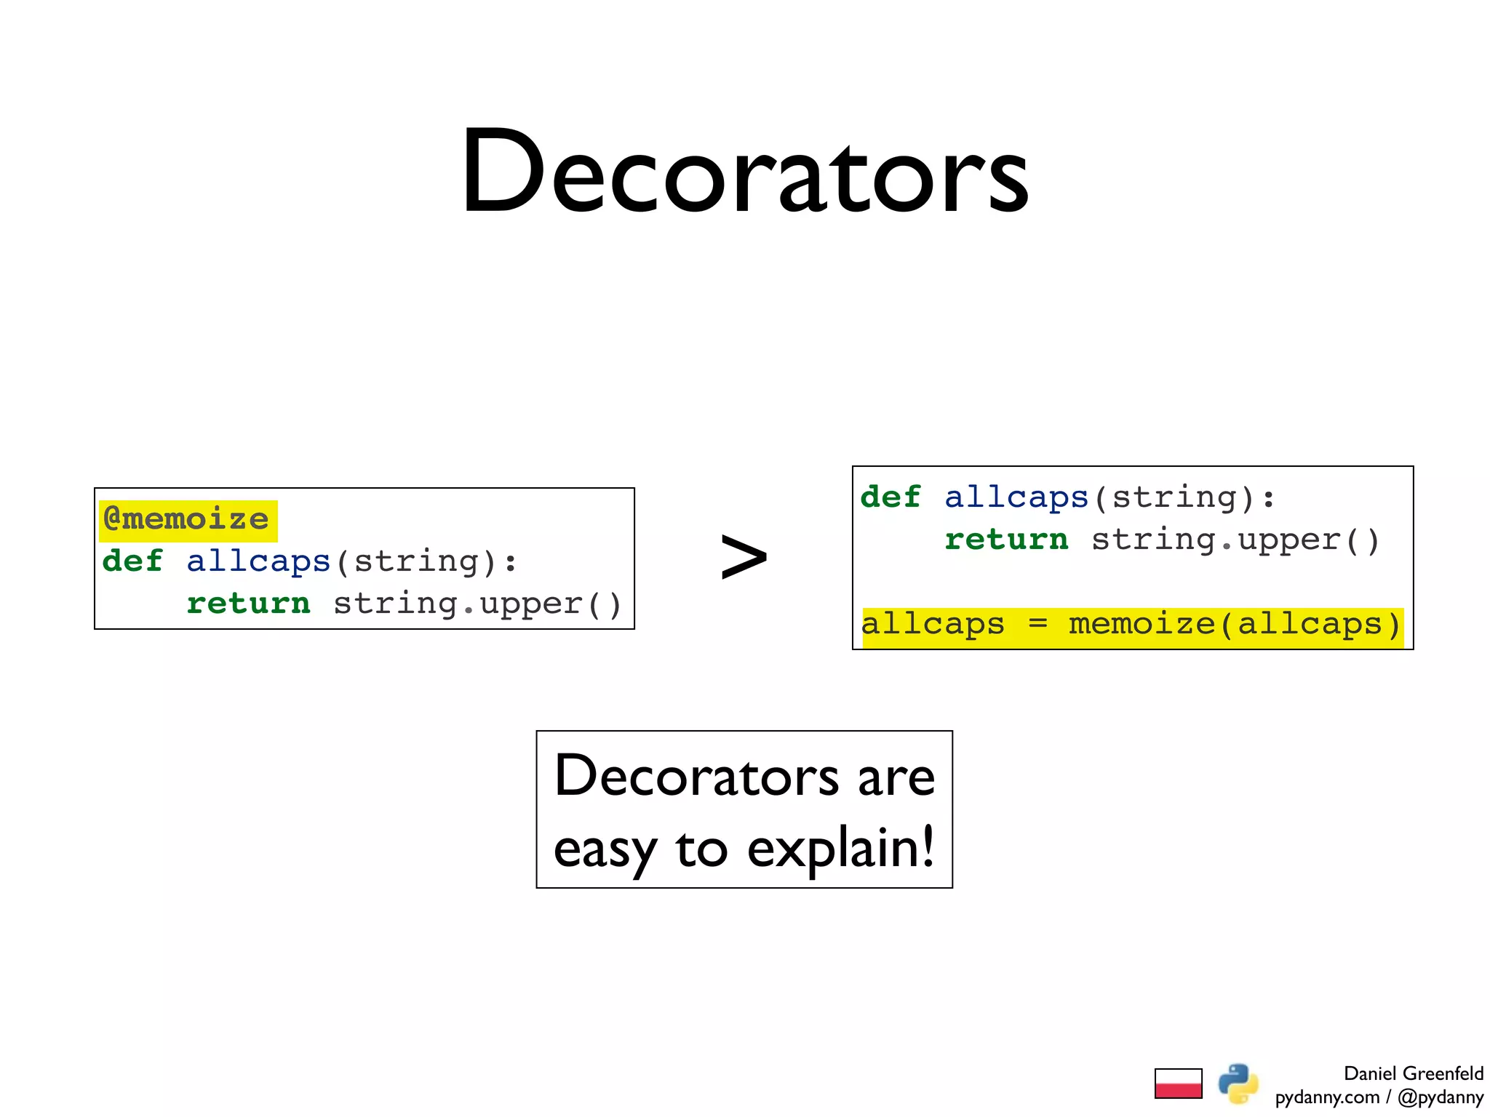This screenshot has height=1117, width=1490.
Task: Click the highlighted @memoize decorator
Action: pyautogui.click(x=187, y=519)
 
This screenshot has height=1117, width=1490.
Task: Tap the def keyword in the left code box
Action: pyautogui.click(x=132, y=561)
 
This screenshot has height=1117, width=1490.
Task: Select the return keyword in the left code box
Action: pyautogui.click(x=248, y=603)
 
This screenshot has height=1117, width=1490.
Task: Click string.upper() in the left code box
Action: pyautogui.click(x=477, y=604)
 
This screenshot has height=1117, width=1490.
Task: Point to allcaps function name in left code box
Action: pyautogui.click(x=258, y=561)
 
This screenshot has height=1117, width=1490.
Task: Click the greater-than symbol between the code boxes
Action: pyautogui.click(x=743, y=557)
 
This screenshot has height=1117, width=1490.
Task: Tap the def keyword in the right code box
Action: pyautogui.click(x=890, y=497)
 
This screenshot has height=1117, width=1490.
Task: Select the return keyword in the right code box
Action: pyautogui.click(x=1006, y=539)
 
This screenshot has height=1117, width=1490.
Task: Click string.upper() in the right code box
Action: pyautogui.click(x=1235, y=540)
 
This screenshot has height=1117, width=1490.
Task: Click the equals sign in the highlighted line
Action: pyautogui.click(x=1037, y=624)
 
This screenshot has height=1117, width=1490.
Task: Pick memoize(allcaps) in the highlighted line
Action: pyautogui.click(x=1234, y=624)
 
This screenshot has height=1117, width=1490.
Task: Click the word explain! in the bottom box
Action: pyautogui.click(x=840, y=848)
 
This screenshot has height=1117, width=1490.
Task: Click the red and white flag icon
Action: pyautogui.click(x=1178, y=1083)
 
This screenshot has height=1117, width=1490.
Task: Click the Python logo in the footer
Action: pyautogui.click(x=1238, y=1083)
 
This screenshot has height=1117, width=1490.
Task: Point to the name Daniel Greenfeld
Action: pyautogui.click(x=1413, y=1073)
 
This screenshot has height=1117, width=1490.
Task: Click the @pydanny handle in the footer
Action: pyautogui.click(x=1440, y=1097)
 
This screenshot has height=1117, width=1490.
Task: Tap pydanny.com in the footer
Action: pyautogui.click(x=1327, y=1097)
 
